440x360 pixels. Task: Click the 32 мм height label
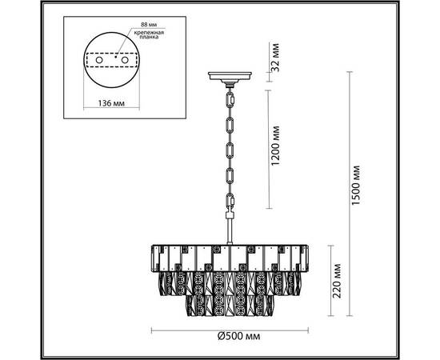point(275,59)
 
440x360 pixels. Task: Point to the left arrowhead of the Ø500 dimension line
point(152,328)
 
